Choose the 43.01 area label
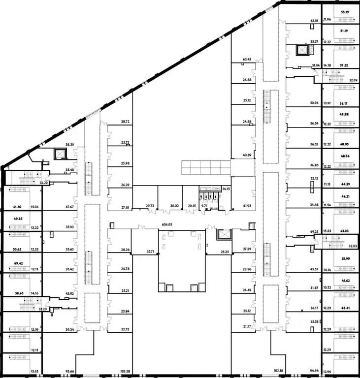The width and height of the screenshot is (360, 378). point(314,21)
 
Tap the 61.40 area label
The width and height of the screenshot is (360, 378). point(18,207)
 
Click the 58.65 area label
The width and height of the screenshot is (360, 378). point(19,293)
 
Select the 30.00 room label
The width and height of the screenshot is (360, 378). point(174,206)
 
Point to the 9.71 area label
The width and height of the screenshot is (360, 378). point(205,206)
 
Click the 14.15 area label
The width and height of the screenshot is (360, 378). point(226,189)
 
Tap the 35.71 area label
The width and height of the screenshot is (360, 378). point(150,252)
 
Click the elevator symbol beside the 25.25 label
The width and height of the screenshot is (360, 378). point(223,234)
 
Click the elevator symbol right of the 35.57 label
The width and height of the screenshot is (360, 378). point(300,50)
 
